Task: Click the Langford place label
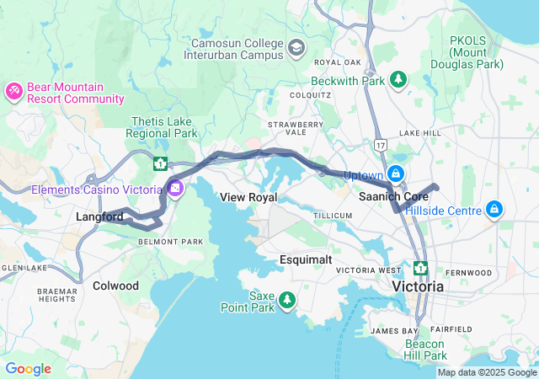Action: [x=99, y=217]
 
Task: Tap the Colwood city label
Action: [x=115, y=286]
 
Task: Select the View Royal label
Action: [x=248, y=197]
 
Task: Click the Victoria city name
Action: [x=419, y=286]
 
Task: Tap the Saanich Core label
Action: [x=393, y=196]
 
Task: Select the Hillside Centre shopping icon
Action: [x=495, y=209]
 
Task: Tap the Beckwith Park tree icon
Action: [x=398, y=80]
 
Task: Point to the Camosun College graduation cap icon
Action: [x=296, y=48]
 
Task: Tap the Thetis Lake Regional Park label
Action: [x=163, y=127]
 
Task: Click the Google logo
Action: [x=28, y=369]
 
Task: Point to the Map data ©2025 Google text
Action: [x=487, y=373]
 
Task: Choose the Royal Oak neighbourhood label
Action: [x=337, y=62]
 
